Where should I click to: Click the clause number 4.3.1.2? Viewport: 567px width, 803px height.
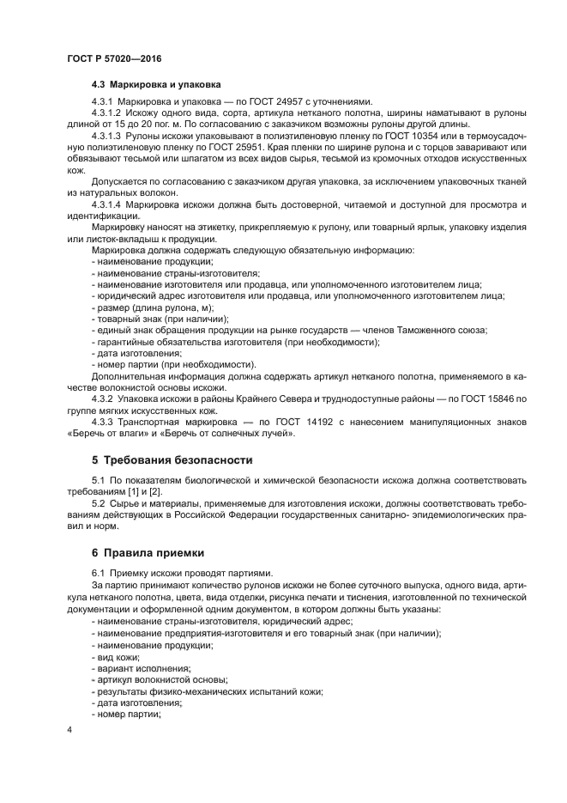(106, 113)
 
